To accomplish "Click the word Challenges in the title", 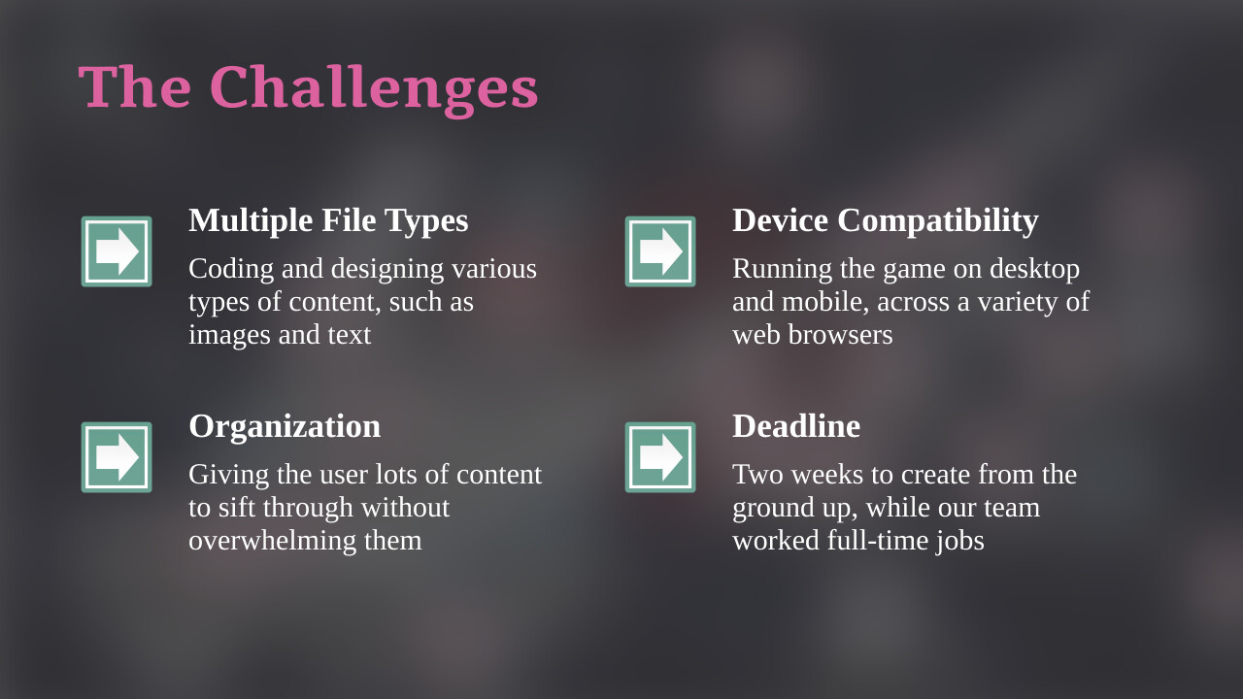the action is tap(374, 89).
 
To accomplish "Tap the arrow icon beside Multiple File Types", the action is tap(117, 251).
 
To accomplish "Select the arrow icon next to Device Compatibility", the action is tap(660, 251).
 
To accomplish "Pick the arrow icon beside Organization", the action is tap(117, 457).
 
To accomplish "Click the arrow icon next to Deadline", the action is tap(660, 457).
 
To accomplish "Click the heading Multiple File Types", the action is tap(328, 221).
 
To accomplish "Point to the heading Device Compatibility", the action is tap(885, 221).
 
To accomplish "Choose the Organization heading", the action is tap(285, 427).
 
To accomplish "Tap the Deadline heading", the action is tap(796, 426).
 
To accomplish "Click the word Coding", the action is tap(231, 270).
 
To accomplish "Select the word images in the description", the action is tap(222, 336).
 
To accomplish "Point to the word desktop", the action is tap(1034, 270).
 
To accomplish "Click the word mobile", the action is tap(825, 302).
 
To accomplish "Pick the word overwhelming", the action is tap(273, 541).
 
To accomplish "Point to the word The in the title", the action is tap(135, 86).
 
